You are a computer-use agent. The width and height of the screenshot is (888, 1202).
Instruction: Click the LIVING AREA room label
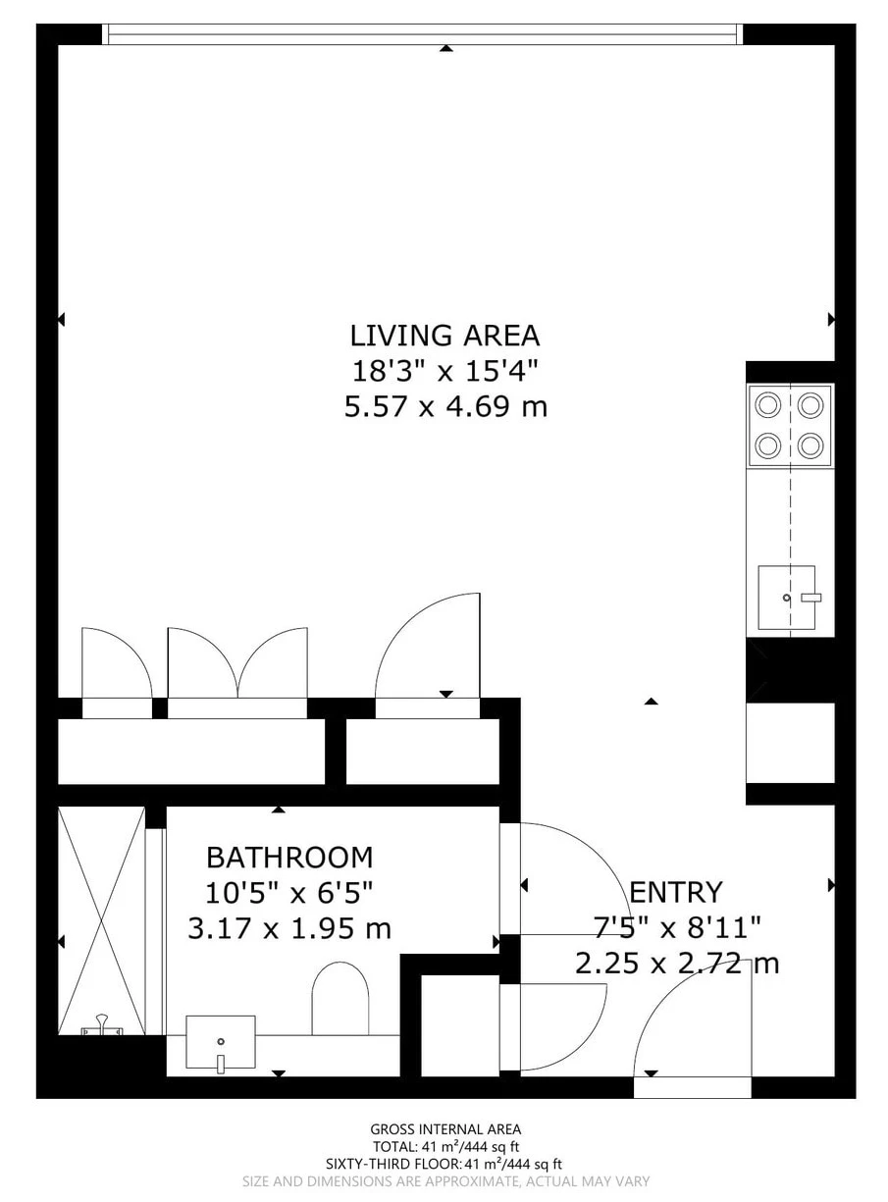444,336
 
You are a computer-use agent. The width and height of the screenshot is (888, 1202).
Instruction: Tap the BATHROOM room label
289,858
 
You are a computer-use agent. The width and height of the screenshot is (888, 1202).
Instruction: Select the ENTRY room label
675,892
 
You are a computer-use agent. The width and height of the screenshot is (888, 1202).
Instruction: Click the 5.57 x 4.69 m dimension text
444,406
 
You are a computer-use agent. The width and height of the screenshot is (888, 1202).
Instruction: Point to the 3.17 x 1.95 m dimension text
289,927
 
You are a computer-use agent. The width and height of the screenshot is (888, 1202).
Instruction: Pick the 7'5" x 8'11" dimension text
677,927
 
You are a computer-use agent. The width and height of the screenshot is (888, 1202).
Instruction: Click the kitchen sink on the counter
787,598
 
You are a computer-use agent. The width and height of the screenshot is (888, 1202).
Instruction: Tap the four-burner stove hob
790,425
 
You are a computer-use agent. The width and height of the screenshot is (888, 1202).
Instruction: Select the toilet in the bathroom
340,999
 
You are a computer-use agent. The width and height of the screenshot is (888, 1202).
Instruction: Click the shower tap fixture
101,1027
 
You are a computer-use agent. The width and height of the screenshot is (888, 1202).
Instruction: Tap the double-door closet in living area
237,662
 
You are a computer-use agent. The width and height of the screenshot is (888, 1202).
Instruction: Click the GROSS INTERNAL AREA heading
445,1129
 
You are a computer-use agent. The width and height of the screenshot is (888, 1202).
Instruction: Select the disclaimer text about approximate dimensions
445,1181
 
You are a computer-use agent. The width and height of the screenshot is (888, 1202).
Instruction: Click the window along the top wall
423,34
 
